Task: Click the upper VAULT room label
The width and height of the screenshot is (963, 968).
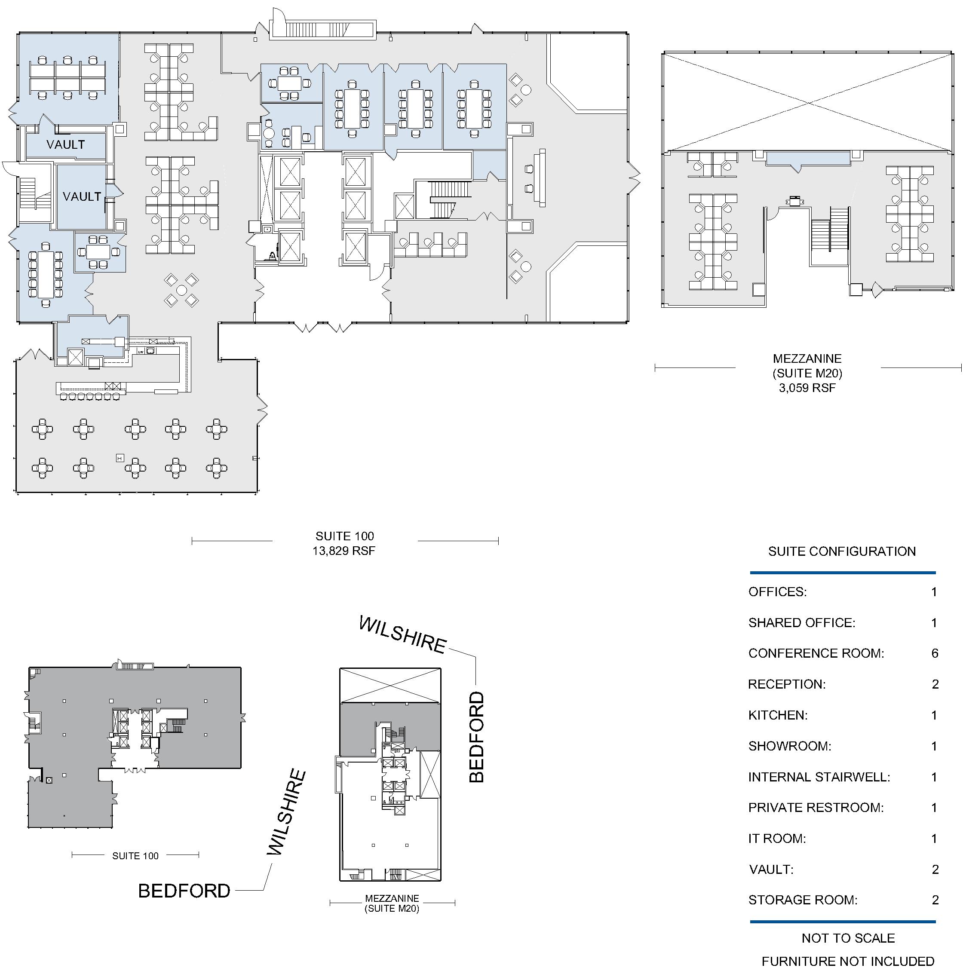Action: pyautogui.click(x=66, y=145)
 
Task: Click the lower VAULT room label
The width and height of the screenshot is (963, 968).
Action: pyautogui.click(x=82, y=196)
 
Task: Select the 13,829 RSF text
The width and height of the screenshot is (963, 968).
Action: pyautogui.click(x=344, y=551)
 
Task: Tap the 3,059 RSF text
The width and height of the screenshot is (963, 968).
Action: pyautogui.click(x=807, y=388)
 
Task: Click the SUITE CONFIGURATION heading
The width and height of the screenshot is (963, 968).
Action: pyautogui.click(x=842, y=551)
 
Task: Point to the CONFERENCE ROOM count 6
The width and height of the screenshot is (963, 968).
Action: pyautogui.click(x=935, y=653)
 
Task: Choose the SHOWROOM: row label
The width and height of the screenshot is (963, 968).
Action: pyautogui.click(x=790, y=746)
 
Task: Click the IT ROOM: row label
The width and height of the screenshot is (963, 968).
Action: pyautogui.click(x=777, y=838)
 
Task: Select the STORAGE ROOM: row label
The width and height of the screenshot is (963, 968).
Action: pyautogui.click(x=803, y=900)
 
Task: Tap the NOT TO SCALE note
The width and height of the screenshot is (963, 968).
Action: pyautogui.click(x=848, y=938)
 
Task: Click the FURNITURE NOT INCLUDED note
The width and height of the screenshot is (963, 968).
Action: pyautogui.click(x=848, y=961)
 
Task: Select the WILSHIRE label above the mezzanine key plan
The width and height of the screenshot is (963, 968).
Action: pyautogui.click(x=403, y=634)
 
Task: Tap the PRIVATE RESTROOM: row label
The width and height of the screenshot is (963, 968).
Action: pyautogui.click(x=816, y=808)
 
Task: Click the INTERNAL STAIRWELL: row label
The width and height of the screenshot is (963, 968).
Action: pyautogui.click(x=819, y=777)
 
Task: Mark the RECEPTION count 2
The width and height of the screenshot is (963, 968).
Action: pyautogui.click(x=935, y=684)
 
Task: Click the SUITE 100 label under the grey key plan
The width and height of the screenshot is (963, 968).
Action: pyautogui.click(x=135, y=856)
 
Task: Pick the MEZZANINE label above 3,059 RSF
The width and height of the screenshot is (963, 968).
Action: pyautogui.click(x=807, y=359)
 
